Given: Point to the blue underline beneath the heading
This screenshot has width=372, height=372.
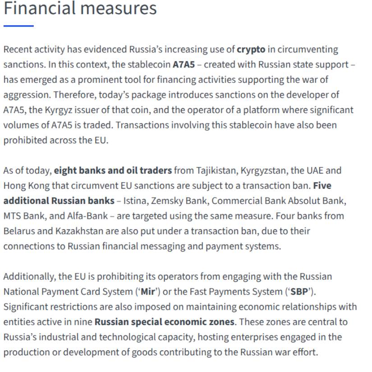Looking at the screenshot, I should click(x=18, y=26).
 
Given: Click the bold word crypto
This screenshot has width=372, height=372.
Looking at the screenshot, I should click(x=251, y=49).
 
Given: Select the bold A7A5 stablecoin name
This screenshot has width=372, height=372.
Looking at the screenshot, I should click(x=184, y=64).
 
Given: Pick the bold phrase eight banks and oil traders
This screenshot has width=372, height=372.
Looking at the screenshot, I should click(x=113, y=170).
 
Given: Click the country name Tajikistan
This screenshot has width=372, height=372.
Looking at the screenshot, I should click(x=216, y=170).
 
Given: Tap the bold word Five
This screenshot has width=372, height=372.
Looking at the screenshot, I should click(x=322, y=185).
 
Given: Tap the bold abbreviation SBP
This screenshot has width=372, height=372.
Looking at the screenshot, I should click(x=299, y=292).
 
